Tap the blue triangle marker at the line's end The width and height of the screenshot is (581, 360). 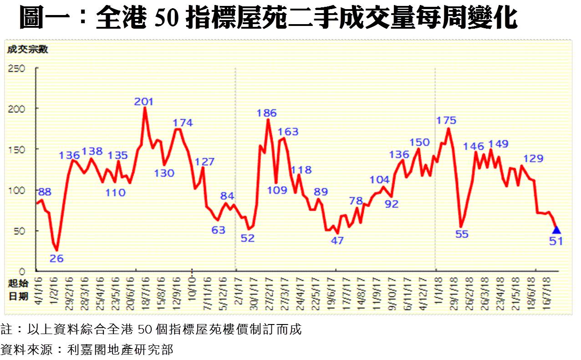(556, 230)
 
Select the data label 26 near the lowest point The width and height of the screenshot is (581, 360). (56, 259)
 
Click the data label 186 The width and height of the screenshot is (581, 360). (267, 113)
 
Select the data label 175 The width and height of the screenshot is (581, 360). (446, 121)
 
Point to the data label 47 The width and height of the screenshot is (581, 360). (337, 241)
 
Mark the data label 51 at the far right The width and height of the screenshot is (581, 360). (556, 241)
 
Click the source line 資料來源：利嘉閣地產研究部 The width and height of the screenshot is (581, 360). (87, 350)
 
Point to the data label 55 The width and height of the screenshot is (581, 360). (462, 234)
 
